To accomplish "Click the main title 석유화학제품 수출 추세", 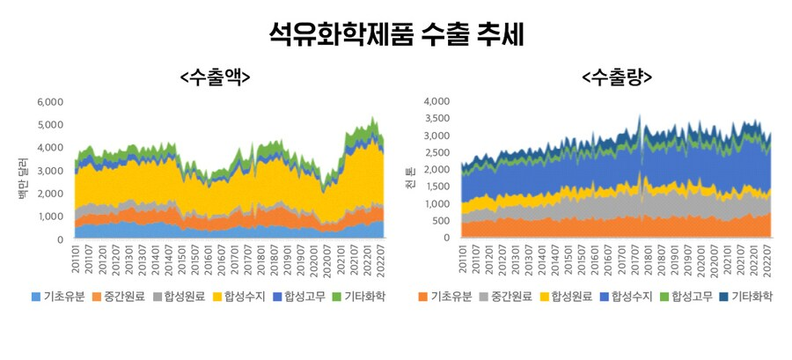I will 396,35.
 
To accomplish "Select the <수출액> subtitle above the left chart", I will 215,77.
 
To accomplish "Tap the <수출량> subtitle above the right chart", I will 617,77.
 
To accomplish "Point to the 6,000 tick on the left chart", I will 50,102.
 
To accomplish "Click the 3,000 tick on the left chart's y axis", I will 50,171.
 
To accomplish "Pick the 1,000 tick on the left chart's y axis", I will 50,217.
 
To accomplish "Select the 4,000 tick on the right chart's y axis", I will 436,102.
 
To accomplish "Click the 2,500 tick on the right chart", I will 436,153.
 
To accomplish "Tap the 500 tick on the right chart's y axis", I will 442,221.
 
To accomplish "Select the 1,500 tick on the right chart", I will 436,187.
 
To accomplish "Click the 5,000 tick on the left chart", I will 50,125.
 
